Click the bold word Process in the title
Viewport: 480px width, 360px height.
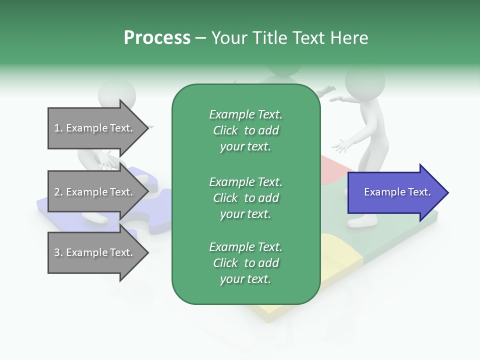click(157, 38)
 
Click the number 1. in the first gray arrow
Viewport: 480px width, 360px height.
click(58, 128)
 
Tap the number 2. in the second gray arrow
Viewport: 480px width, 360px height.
click(58, 192)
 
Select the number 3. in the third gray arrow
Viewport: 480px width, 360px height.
click(58, 252)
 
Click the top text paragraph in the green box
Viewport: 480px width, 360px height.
click(245, 130)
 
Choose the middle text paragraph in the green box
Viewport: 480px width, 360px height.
click(245, 197)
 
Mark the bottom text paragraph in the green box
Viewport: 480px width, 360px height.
click(245, 263)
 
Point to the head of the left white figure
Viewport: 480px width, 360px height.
click(116, 92)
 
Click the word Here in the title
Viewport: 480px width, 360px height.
click(349, 38)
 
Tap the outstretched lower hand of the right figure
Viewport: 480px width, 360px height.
click(342, 146)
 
